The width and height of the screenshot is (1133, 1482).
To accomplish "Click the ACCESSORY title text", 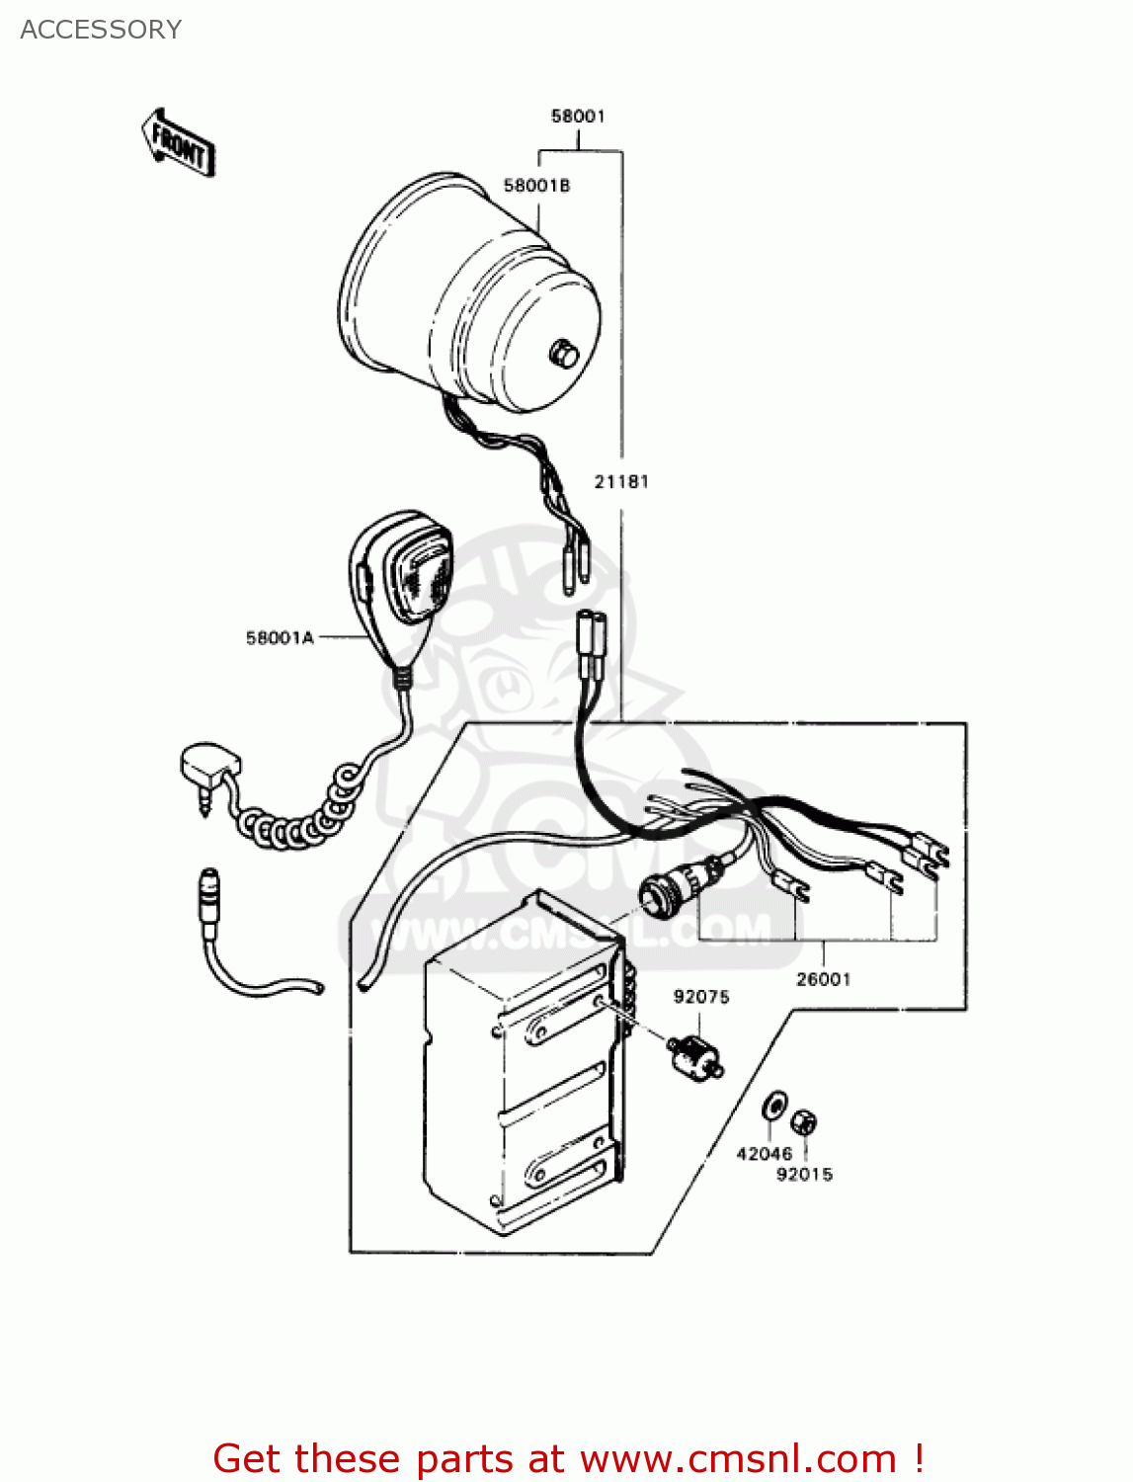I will [x=101, y=30].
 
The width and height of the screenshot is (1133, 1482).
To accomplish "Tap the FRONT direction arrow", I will [x=179, y=144].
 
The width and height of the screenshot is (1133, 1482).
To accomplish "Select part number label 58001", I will [x=578, y=117].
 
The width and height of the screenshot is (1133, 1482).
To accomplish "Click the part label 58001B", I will [x=536, y=186].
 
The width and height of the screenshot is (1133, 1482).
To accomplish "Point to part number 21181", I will [x=621, y=482].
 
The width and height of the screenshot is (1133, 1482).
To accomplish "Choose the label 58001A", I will [x=280, y=638].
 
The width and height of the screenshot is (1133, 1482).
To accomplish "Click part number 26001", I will [x=823, y=979].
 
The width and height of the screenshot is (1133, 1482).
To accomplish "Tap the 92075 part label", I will [x=701, y=997].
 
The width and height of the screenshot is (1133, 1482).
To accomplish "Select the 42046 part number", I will [x=764, y=1153].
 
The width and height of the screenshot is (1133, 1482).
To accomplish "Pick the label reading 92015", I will [x=804, y=1174].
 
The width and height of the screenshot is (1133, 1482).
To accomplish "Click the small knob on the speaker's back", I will [x=564, y=352].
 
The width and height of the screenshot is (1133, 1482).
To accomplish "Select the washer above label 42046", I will [x=775, y=1106].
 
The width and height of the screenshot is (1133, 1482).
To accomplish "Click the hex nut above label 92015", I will [x=804, y=1121].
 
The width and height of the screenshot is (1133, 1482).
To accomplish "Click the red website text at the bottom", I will [x=568, y=1458].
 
